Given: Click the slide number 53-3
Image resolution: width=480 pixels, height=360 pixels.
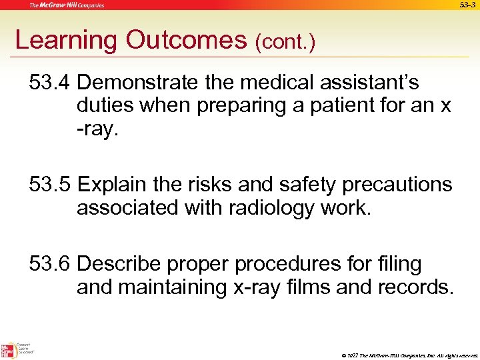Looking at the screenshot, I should pyautogui.click(x=467, y=5).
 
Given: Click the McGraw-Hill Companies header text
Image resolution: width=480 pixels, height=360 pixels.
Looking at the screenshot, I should pyautogui.click(x=67, y=5).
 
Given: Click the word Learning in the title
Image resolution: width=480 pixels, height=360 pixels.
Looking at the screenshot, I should pyautogui.click(x=66, y=41).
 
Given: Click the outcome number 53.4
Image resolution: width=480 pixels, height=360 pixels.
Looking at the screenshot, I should pyautogui.click(x=51, y=83).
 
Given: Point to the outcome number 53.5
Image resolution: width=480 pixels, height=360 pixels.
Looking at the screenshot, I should pyautogui.click(x=51, y=185).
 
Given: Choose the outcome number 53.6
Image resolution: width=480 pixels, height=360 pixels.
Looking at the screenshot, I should pyautogui.click(x=51, y=265).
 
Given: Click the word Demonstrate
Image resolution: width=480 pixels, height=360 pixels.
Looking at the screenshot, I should pyautogui.click(x=140, y=83).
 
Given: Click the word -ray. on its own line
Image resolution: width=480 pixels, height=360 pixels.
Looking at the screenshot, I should pyautogui.click(x=97, y=128).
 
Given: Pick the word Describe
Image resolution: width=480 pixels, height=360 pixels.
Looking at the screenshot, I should pyautogui.click(x=119, y=265).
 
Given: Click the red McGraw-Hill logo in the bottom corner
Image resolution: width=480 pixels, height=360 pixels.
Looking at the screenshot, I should pyautogui.click(x=9, y=350).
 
